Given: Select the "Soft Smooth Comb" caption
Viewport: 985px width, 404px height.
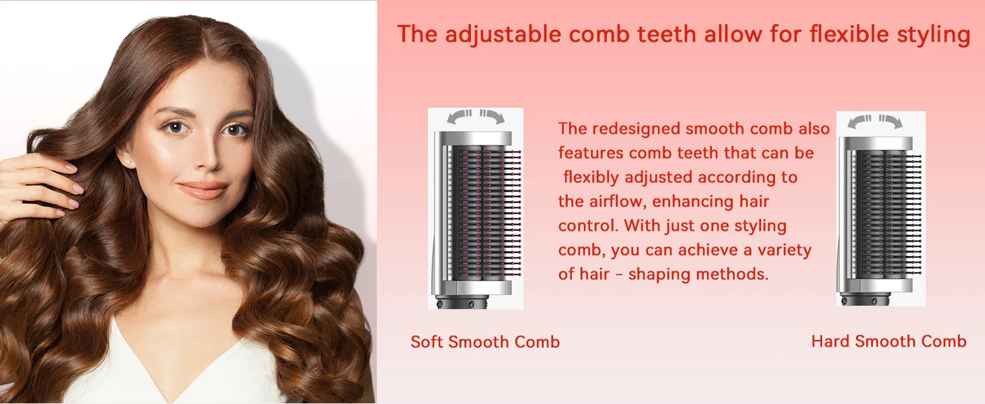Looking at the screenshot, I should (485, 342).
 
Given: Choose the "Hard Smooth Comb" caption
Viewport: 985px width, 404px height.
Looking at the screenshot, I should (888, 341).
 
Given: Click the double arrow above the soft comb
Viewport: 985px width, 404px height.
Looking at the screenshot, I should (476, 117).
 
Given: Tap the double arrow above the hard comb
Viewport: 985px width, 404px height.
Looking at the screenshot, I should (875, 122).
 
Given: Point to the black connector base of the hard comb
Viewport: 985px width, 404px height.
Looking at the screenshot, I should (866, 298).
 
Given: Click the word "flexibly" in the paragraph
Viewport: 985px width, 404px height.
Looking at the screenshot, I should (592, 177).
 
